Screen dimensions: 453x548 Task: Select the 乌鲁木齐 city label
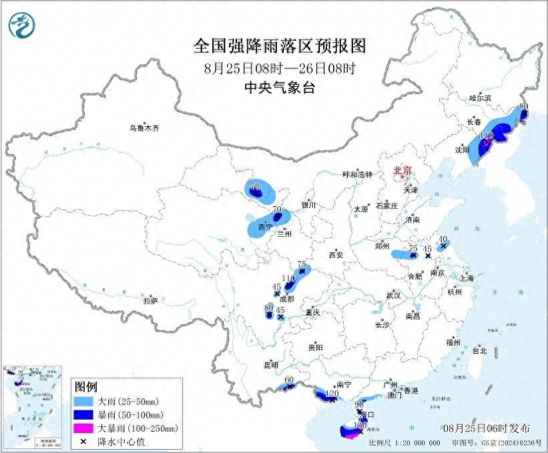pos(146,127)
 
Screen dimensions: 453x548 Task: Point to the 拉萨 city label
pos(150,301)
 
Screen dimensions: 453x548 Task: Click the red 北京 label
pos(403,170)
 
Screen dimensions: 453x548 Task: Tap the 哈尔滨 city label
pos(479,98)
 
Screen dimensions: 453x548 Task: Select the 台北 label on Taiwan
pos(479,350)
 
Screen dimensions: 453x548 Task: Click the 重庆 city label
pos(313,312)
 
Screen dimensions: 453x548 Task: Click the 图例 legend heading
pos(86,388)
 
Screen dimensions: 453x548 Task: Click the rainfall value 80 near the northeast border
pos(523,106)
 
